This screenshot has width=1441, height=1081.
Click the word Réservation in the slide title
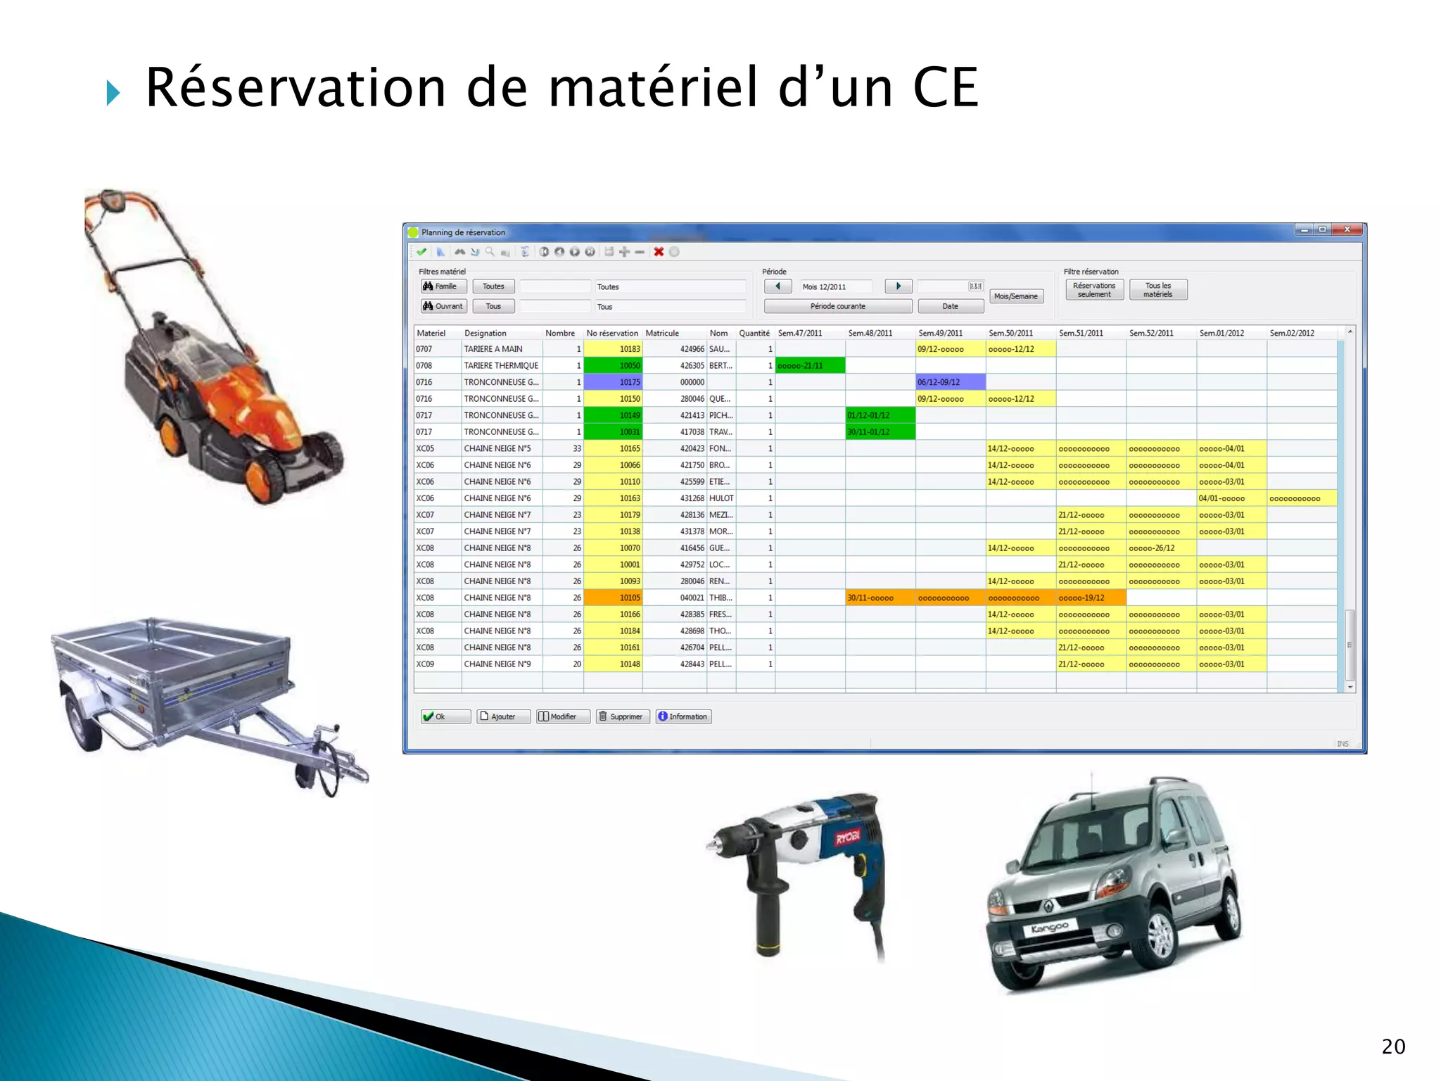coord(296,88)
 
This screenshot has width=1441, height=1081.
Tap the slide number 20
coord(1393,1047)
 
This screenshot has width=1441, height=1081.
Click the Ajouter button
coord(503,716)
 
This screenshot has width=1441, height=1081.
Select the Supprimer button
coord(623,716)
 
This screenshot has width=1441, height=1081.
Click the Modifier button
coord(563,716)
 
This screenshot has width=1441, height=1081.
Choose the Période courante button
coord(837,306)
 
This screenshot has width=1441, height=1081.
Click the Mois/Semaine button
coord(1015,296)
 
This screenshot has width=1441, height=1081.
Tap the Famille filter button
coord(443,286)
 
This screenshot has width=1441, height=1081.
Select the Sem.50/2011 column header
coord(1010,333)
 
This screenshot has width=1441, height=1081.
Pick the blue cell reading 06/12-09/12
coord(950,382)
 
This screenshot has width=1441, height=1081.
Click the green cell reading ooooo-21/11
coord(810,366)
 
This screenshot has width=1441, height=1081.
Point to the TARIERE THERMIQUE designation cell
coord(501,366)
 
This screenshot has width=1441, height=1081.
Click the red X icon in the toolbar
coord(659,252)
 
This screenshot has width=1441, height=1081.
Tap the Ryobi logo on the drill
coord(848,837)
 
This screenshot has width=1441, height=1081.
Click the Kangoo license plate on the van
coord(1049,928)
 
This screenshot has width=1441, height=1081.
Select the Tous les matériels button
coord(1157,290)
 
